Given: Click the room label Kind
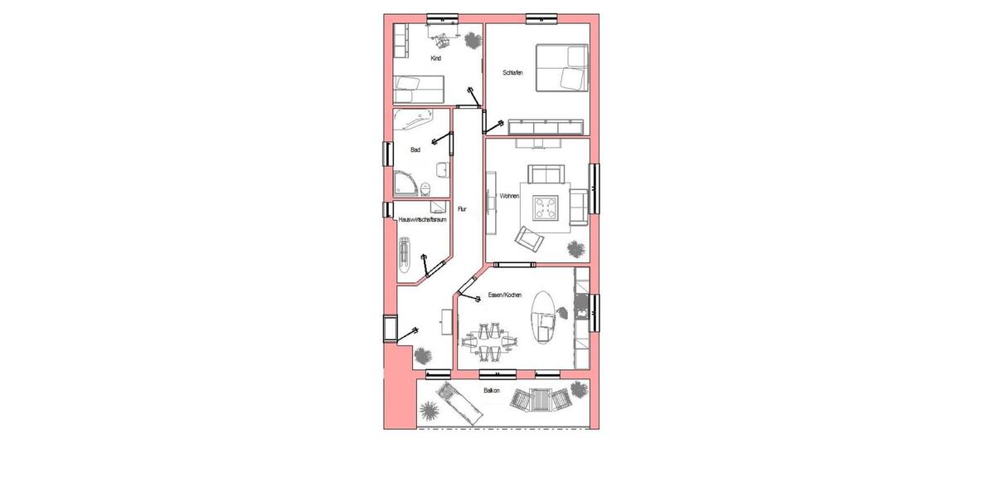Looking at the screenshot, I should coord(435,59).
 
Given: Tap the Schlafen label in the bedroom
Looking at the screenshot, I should coord(512,73).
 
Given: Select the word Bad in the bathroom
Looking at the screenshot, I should coord(415,150).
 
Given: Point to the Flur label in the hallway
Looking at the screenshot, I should coord(463,209).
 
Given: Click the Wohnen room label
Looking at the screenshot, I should coord(509,197).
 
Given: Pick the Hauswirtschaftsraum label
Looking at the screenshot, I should coord(423,220).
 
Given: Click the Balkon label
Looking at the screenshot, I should coord(493,389).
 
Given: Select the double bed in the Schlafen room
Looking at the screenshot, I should coord(561,68).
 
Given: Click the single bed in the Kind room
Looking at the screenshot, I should coord(420,85).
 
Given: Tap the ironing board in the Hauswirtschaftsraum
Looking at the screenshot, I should coord(405,253).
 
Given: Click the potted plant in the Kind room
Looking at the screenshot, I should coord(472,39).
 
